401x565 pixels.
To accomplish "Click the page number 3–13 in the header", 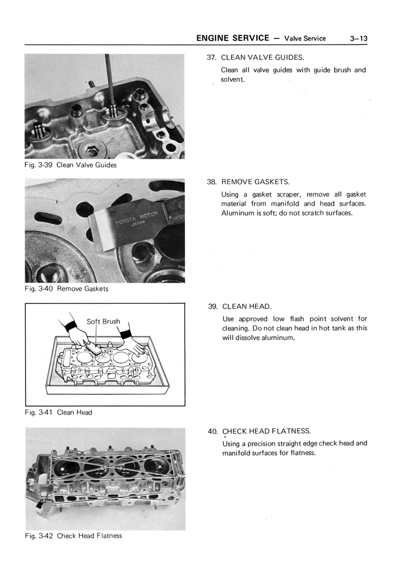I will pyautogui.click(x=358, y=38).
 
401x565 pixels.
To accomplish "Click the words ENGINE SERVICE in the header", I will pyautogui.click(x=233, y=38).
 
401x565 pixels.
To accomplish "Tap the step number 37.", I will pyautogui.click(x=212, y=57).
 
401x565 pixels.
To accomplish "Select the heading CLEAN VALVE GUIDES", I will pyautogui.click(x=262, y=57).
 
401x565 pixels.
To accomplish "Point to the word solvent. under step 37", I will pyautogui.click(x=232, y=79).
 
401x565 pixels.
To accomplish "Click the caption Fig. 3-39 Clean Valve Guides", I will pyautogui.click(x=71, y=165).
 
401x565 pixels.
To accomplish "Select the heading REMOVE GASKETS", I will pyautogui.click(x=255, y=182).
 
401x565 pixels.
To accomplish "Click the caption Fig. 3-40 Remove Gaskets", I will pyautogui.click(x=67, y=289).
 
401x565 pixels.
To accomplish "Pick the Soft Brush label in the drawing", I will pyautogui.click(x=103, y=322).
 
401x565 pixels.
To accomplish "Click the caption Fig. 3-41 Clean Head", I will pyautogui.click(x=58, y=412).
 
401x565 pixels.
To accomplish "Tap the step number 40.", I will pyautogui.click(x=213, y=432).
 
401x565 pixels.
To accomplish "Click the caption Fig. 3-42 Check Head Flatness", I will pyautogui.click(x=73, y=536).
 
